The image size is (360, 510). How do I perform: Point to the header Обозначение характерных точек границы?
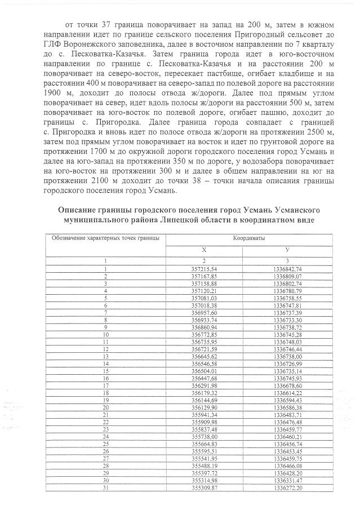105,238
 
